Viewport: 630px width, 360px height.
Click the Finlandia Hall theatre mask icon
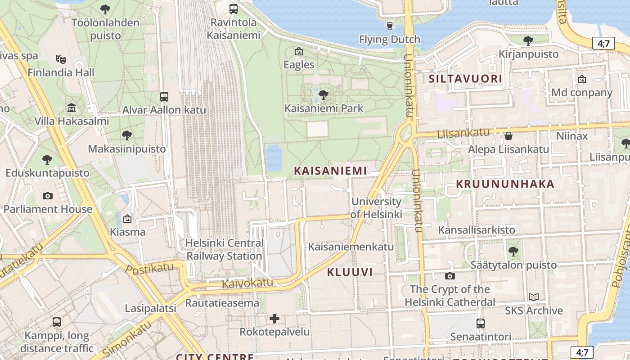(x=61, y=59)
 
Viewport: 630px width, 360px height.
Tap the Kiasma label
(x=128, y=232)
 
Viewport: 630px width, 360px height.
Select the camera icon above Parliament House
(x=47, y=196)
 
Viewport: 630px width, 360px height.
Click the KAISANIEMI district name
(x=330, y=171)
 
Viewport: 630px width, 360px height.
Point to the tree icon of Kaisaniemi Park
(x=323, y=95)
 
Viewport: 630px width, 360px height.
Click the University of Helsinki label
(x=376, y=208)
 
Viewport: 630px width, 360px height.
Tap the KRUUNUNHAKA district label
(x=505, y=184)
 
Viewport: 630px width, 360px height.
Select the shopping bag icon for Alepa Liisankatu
(x=508, y=136)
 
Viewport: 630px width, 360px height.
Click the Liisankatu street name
(x=464, y=133)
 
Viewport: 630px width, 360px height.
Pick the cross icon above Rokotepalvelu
(x=274, y=319)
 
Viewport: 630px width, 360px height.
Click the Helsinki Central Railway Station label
(x=224, y=250)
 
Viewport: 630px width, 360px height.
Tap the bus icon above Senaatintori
(x=480, y=324)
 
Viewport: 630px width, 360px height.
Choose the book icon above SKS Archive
(x=534, y=297)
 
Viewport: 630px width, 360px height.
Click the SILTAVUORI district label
(x=465, y=79)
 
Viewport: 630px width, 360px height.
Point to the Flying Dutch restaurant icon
(x=390, y=26)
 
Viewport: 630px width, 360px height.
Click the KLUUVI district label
(x=350, y=272)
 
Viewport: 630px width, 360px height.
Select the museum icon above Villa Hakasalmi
(x=72, y=108)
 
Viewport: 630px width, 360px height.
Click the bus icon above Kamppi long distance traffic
(x=57, y=322)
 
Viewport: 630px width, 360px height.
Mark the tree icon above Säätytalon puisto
(x=513, y=252)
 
